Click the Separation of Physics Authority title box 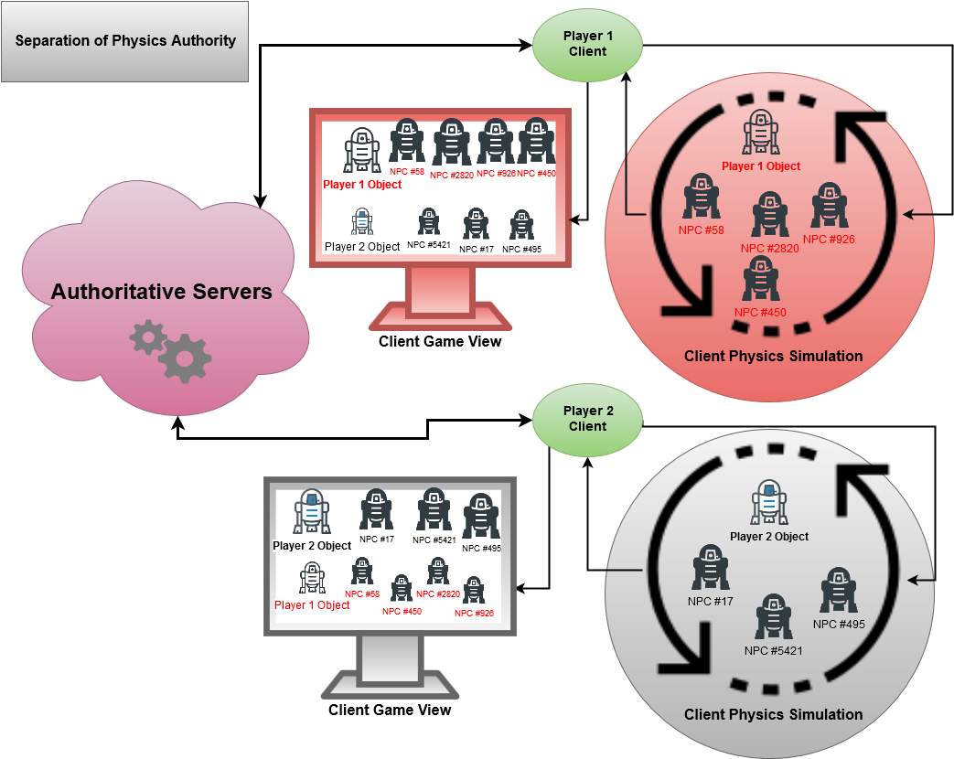[125, 41]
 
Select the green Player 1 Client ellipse [587, 44]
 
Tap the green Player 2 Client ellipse [587, 419]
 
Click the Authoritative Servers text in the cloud [162, 293]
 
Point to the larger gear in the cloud [186, 358]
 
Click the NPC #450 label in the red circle [760, 313]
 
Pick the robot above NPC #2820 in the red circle [770, 215]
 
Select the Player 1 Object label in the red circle [760, 166]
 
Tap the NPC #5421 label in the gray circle [773, 651]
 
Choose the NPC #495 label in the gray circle [839, 625]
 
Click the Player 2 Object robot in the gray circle [769, 502]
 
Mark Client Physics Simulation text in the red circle [773, 356]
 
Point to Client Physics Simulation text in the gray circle [773, 714]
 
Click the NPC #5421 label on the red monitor [429, 244]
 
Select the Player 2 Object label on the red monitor [362, 247]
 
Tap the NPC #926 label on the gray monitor [474, 614]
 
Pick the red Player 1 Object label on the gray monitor [312, 605]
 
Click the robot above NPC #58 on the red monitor [407, 141]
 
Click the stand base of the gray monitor [390, 683]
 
